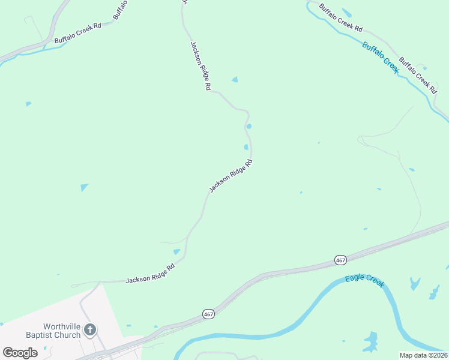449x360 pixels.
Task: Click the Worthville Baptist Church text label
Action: click(x=53, y=329)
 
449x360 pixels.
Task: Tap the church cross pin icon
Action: click(x=89, y=329)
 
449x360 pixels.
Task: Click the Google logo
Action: click(x=20, y=353)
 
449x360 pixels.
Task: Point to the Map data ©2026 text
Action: click(x=423, y=355)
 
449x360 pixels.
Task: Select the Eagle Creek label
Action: click(x=364, y=281)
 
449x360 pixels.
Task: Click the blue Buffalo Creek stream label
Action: click(x=381, y=58)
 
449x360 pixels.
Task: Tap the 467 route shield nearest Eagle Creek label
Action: click(x=340, y=260)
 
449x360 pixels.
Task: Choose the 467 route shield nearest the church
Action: click(x=208, y=314)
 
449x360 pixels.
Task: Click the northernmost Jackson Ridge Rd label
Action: click(x=200, y=66)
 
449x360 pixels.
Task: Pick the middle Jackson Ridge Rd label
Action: click(x=230, y=176)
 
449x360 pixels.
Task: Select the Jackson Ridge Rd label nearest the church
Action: click(x=150, y=273)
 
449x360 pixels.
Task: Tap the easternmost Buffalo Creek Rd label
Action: click(x=418, y=75)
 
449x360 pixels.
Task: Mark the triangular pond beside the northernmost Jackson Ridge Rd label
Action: click(x=235, y=79)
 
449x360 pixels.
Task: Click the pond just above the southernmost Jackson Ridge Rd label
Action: click(x=176, y=252)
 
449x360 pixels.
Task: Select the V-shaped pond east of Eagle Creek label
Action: click(x=415, y=283)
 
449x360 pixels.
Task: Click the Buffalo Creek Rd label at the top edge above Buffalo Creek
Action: click(x=341, y=17)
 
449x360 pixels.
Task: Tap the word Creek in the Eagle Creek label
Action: click(x=373, y=283)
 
